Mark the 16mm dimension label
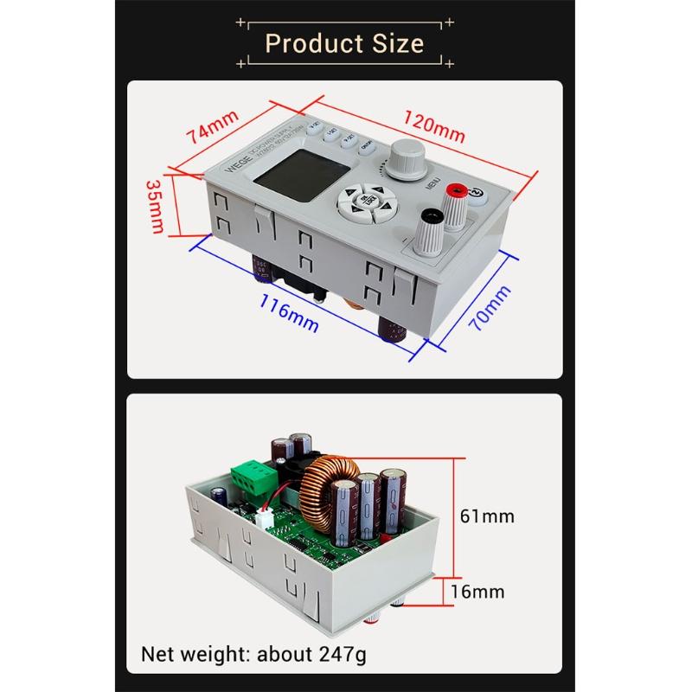pyautogui.click(x=477, y=592)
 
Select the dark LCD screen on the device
pyautogui.click(x=282, y=173)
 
